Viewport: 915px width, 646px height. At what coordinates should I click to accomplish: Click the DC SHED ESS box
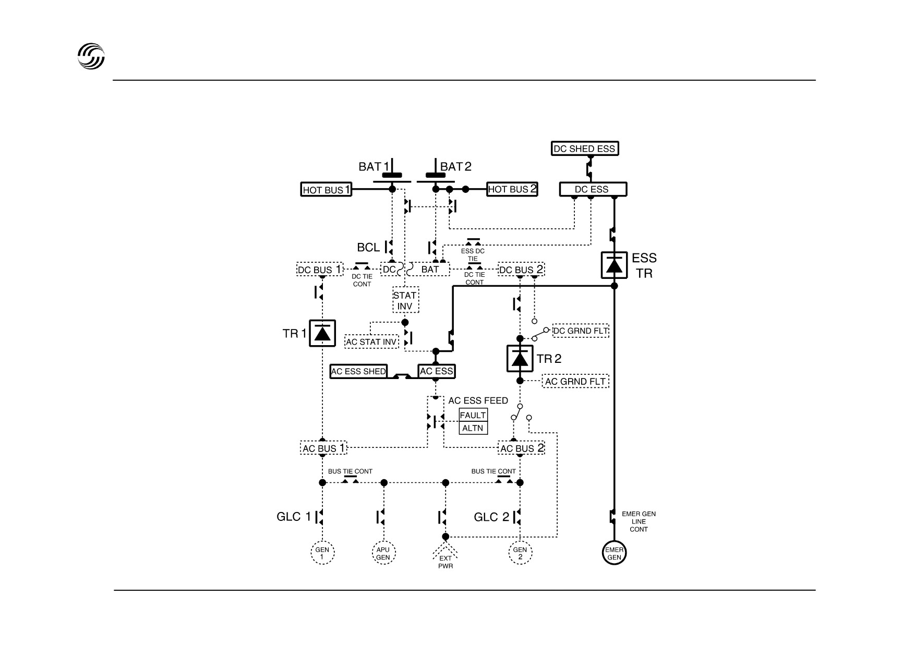pyautogui.click(x=585, y=149)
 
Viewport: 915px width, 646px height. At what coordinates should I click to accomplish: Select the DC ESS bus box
pyautogui.click(x=593, y=189)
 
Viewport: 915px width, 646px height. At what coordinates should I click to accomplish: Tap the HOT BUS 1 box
pyautogui.click(x=327, y=190)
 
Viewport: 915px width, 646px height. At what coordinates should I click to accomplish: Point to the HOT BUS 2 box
pyautogui.click(x=512, y=189)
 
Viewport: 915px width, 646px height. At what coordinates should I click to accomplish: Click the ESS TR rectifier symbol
pyautogui.click(x=614, y=265)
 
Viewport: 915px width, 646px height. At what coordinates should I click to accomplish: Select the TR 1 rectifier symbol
pyautogui.click(x=322, y=333)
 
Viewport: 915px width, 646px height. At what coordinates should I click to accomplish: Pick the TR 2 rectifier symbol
pyautogui.click(x=520, y=359)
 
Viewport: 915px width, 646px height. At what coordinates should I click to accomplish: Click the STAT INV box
pyautogui.click(x=405, y=300)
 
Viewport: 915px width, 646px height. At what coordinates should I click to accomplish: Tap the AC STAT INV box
pyautogui.click(x=372, y=342)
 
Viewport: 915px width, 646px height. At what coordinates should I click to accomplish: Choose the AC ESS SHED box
pyautogui.click(x=359, y=371)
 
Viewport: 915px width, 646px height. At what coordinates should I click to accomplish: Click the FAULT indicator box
pyautogui.click(x=473, y=415)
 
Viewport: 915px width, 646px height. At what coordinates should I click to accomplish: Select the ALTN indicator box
pyautogui.click(x=473, y=428)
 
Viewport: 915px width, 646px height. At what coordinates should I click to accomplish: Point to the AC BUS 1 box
pyautogui.click(x=323, y=448)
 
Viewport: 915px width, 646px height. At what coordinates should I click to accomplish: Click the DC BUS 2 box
pyautogui.click(x=521, y=270)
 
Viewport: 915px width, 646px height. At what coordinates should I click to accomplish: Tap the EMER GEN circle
pyautogui.click(x=614, y=553)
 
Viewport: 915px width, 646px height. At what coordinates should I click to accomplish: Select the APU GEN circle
pyautogui.click(x=383, y=553)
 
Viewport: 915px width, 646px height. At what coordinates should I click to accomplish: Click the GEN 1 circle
pyautogui.click(x=322, y=553)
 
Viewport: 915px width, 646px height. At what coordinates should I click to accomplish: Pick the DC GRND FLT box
pyautogui.click(x=581, y=331)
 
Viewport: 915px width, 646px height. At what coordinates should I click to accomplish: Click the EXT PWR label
pyautogui.click(x=446, y=562)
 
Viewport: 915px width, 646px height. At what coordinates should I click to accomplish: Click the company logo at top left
pyautogui.click(x=91, y=56)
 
